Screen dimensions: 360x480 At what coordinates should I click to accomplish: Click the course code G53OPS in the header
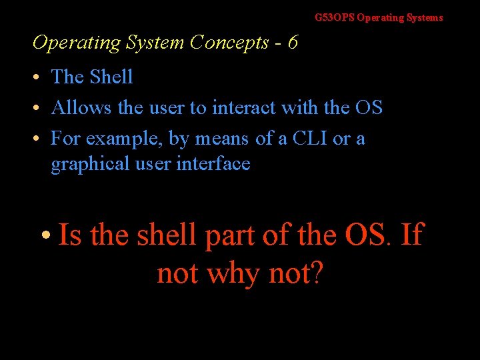coord(335,18)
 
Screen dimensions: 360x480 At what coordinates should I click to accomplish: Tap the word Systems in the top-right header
coord(423,18)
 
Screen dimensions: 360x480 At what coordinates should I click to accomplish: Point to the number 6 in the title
coord(292,43)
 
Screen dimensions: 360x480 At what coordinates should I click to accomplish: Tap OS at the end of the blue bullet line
coord(369,107)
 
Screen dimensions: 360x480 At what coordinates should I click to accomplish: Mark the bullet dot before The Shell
coord(38,78)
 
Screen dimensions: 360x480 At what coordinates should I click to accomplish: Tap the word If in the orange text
coord(412,235)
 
